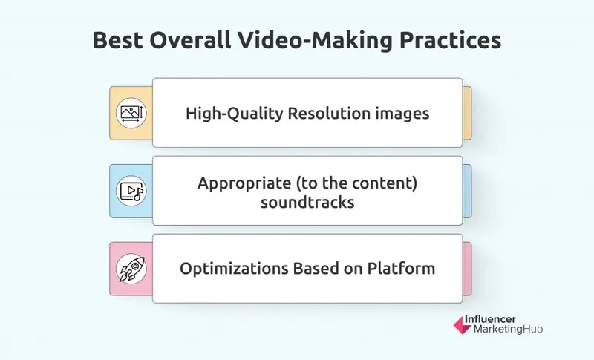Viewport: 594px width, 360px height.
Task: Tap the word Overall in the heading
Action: coord(191,42)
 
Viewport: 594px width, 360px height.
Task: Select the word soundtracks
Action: coord(307,200)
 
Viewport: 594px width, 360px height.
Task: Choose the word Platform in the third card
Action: coord(402,268)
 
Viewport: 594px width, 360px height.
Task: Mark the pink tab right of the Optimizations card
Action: coord(467,268)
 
